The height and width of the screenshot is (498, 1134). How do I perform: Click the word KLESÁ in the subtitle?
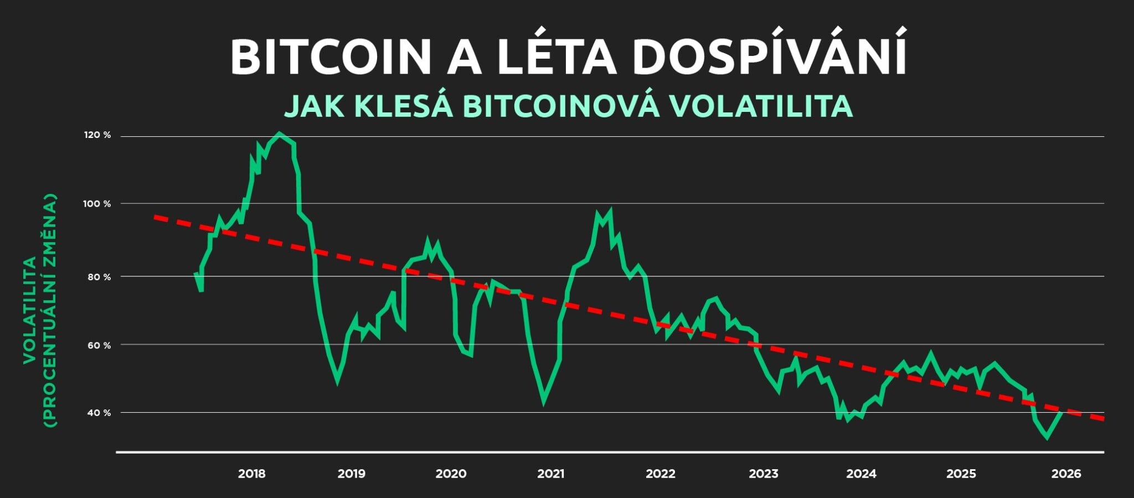click(x=403, y=106)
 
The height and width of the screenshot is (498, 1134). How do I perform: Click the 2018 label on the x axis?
click(x=251, y=474)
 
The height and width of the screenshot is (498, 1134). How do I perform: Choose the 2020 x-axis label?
click(x=451, y=474)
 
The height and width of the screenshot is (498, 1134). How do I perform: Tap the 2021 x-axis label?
click(x=550, y=474)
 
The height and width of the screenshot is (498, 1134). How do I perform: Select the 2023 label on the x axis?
click(x=763, y=474)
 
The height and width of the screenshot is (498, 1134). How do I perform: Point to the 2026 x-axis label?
click(x=1066, y=474)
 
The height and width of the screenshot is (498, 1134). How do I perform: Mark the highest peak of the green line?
click(x=279, y=134)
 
